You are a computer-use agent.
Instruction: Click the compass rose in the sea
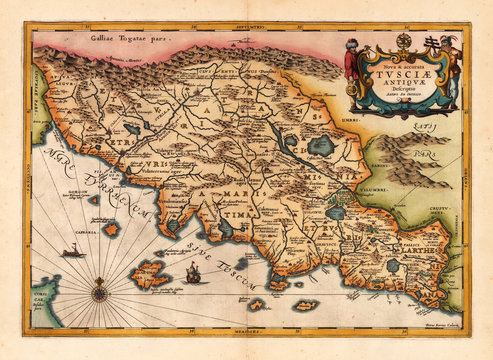click(100, 293)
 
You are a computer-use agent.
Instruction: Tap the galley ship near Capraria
click(74, 254)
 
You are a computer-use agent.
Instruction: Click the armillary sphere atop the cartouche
click(403, 40)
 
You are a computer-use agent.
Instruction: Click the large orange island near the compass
click(152, 271)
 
